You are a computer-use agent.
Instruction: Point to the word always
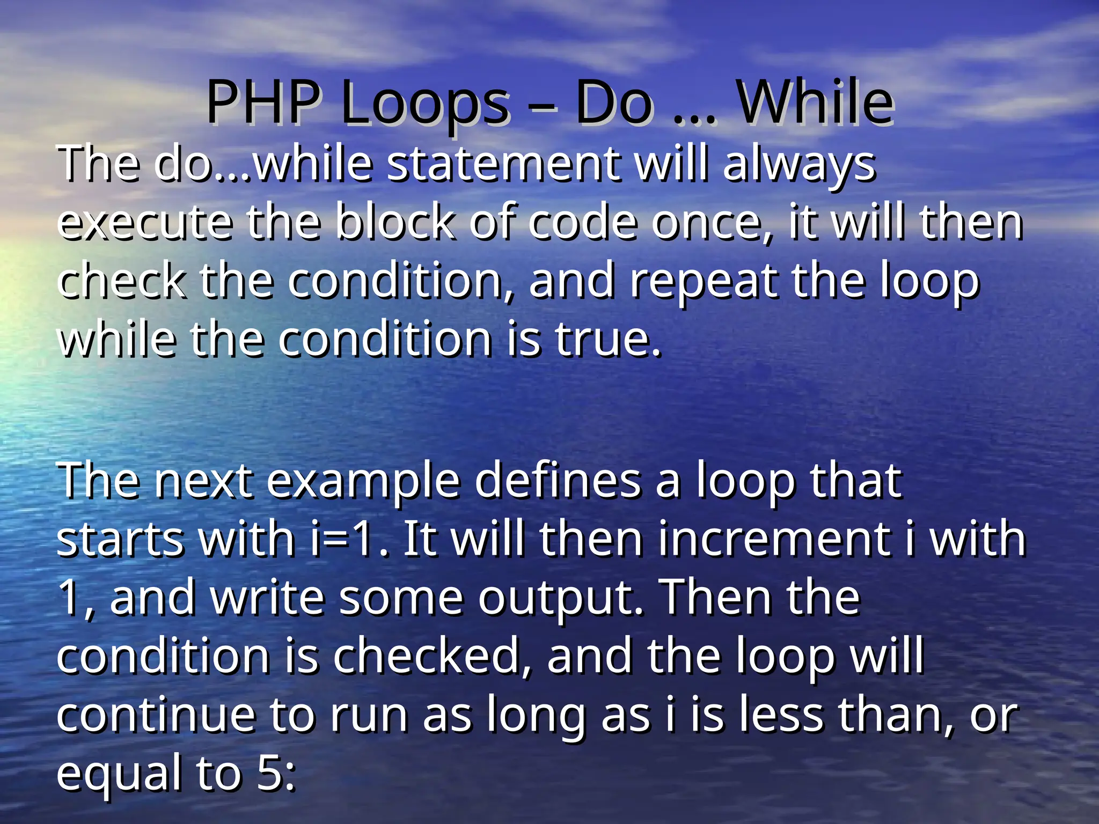coord(799,164)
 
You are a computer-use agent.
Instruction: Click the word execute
coord(145,222)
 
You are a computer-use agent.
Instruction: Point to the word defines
coord(558,480)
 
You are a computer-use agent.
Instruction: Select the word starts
coord(120,539)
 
